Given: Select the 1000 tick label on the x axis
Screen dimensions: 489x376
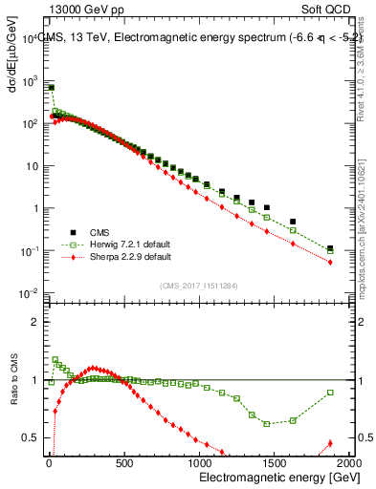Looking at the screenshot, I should [x=200, y=464].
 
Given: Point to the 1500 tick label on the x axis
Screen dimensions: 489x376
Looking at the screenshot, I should [x=276, y=464].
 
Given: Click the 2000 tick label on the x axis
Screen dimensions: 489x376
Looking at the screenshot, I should [x=348, y=464].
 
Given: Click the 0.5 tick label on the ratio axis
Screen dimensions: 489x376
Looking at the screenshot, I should [x=28, y=438].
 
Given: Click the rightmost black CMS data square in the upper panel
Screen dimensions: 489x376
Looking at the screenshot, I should [x=330, y=248].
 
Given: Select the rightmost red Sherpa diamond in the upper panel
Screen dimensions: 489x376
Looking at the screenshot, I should [x=330, y=262].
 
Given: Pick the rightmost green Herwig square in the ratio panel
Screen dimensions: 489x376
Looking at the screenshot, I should [x=330, y=393].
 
